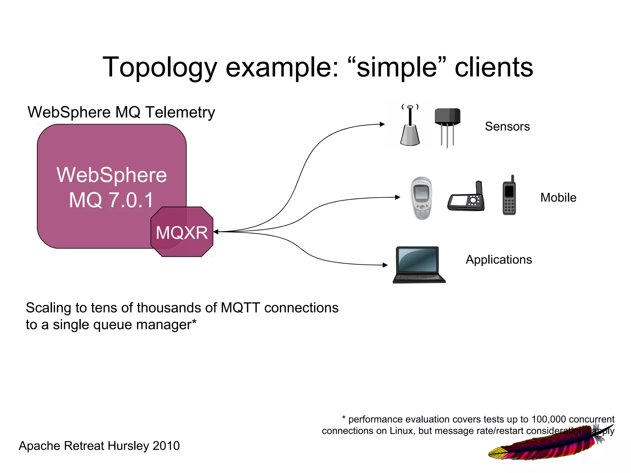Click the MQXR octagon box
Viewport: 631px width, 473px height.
tap(182, 232)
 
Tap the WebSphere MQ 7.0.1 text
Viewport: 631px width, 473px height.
tap(112, 187)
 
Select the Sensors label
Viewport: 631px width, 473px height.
tap(507, 127)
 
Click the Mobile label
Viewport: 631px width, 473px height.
tap(558, 198)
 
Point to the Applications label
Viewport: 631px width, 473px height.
tap(499, 260)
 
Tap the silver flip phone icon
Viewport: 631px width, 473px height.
tap(421, 198)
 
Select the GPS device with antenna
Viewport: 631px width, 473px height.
tap(466, 198)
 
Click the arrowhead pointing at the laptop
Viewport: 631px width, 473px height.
tap(385, 265)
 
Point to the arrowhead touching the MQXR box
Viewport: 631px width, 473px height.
tap(216, 232)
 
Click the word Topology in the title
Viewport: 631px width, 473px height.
tap(160, 67)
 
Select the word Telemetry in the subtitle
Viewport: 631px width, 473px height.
tap(180, 112)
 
